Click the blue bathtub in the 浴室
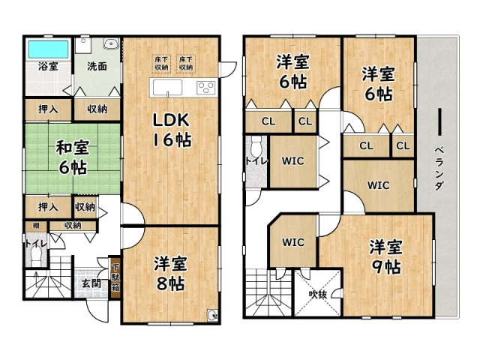[x=47, y=49]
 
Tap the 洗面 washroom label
[x=95, y=66]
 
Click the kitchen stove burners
[x=205, y=87]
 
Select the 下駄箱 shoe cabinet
[x=115, y=280]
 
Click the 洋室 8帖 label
[x=171, y=274]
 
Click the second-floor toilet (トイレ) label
[x=252, y=161]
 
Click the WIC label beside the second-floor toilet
[x=293, y=160]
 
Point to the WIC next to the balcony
[x=378, y=184]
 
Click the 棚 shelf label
[x=35, y=225]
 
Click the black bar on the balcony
[x=439, y=124]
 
